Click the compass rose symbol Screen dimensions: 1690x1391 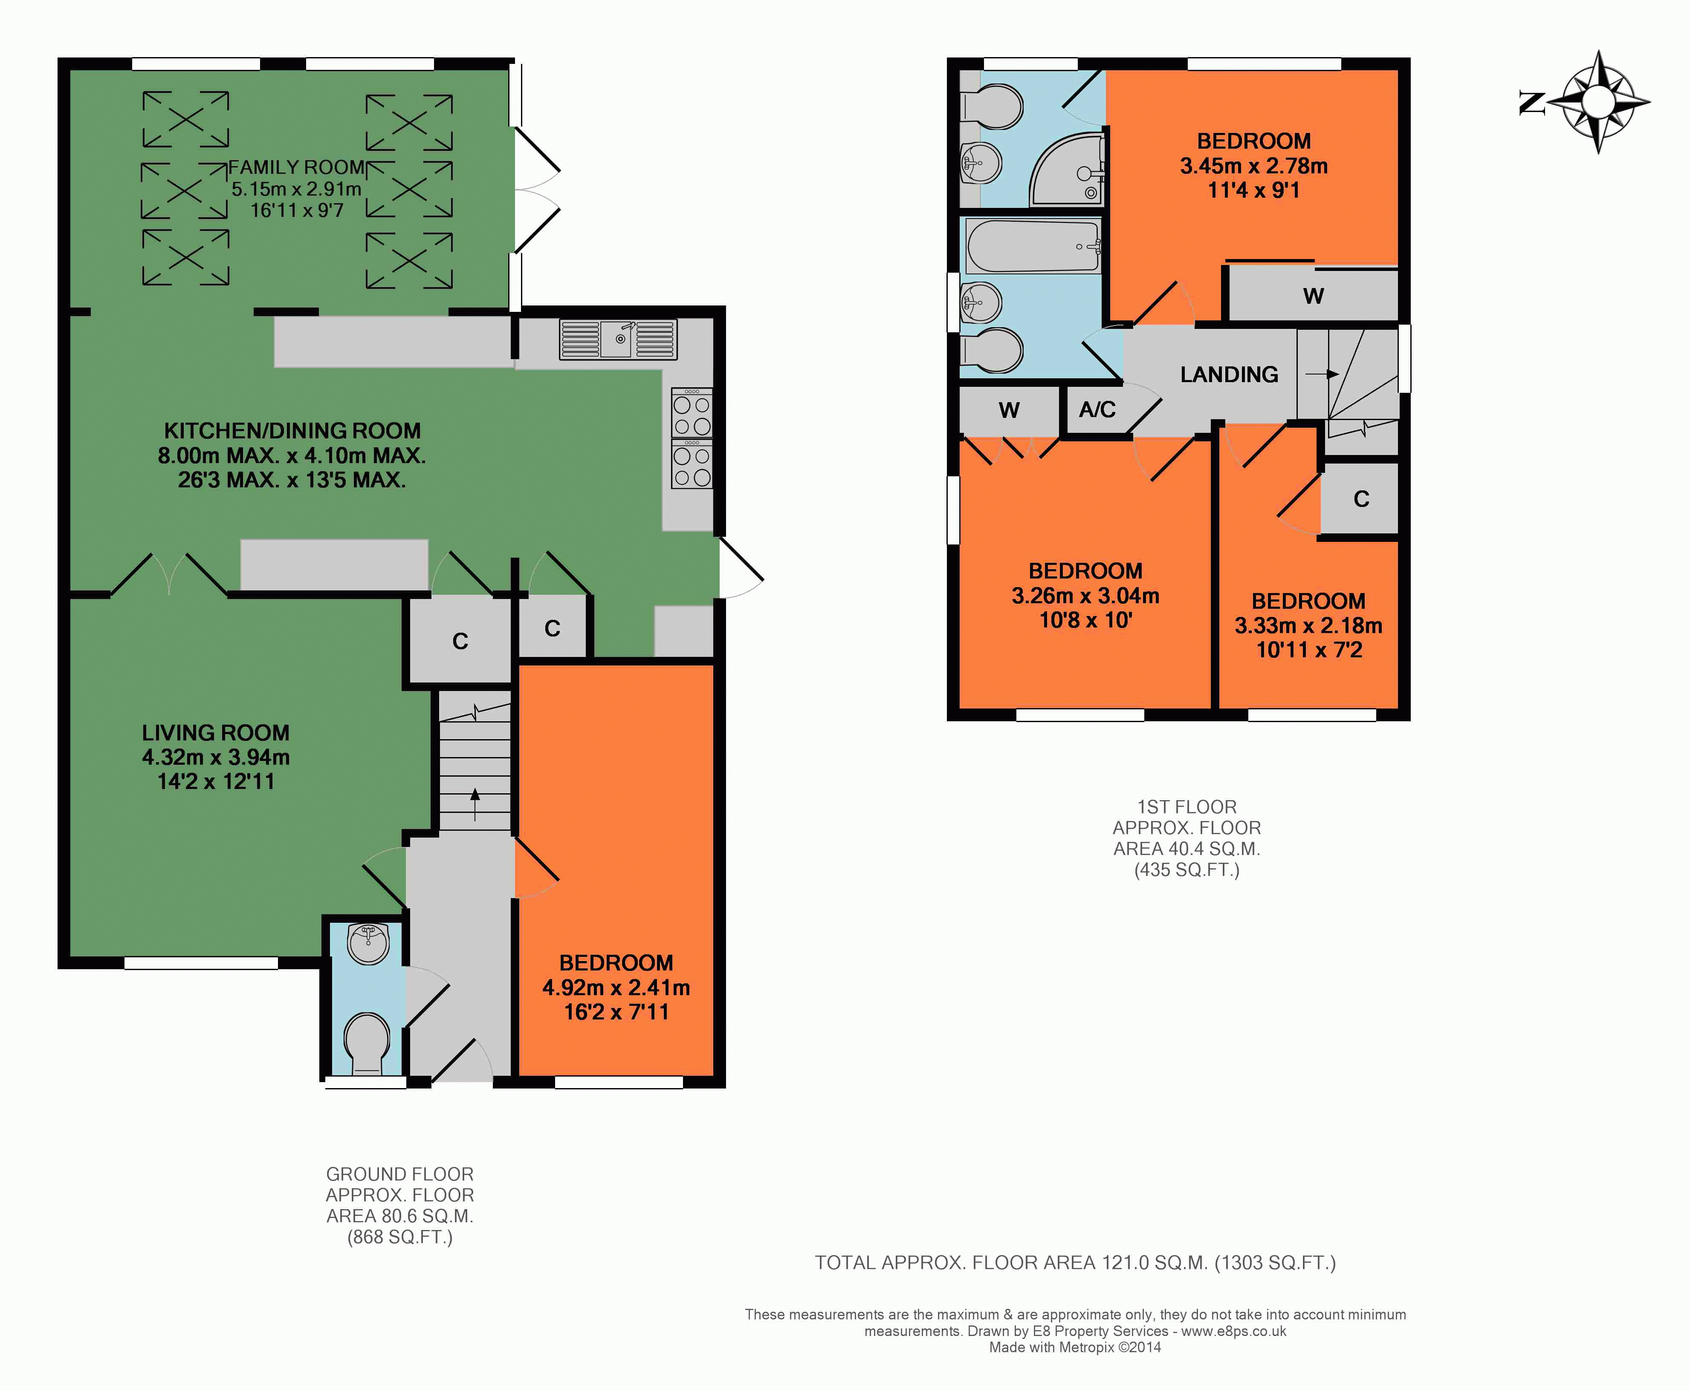point(1598,102)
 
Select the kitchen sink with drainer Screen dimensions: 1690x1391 point(618,339)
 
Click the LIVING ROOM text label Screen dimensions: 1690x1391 point(216,732)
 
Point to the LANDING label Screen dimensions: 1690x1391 point(1229,374)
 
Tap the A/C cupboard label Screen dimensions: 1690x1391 point(1097,409)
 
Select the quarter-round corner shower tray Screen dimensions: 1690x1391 point(1066,170)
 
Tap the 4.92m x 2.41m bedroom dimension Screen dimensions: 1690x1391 point(616,987)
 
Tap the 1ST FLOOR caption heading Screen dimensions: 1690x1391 point(1186,807)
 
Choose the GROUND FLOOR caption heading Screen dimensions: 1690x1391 point(399,1174)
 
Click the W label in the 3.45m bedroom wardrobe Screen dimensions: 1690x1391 point(1313,296)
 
